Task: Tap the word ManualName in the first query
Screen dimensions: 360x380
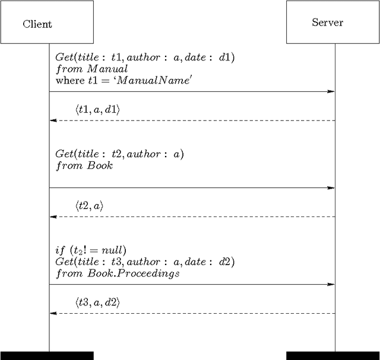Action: [153, 80]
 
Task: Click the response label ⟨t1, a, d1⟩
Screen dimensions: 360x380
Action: [97, 110]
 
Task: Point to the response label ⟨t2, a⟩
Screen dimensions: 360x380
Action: [90, 206]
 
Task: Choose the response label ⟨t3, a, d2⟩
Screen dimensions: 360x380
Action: [97, 302]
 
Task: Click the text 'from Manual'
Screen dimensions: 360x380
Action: [91, 69]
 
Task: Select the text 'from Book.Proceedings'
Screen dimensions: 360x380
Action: [118, 273]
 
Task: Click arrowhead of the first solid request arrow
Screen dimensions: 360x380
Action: [331, 91]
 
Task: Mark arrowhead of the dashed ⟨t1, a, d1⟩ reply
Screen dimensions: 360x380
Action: [53, 120]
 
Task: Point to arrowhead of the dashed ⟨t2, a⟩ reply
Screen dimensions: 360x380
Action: [53, 216]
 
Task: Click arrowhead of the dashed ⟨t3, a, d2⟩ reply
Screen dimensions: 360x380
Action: [53, 313]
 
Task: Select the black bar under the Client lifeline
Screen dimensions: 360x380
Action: [47, 356]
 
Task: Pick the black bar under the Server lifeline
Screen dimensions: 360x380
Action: [333, 356]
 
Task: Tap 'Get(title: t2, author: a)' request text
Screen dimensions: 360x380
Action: [119, 154]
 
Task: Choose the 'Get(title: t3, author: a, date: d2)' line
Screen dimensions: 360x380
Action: [145, 262]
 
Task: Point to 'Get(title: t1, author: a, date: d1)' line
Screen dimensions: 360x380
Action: [145, 58]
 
